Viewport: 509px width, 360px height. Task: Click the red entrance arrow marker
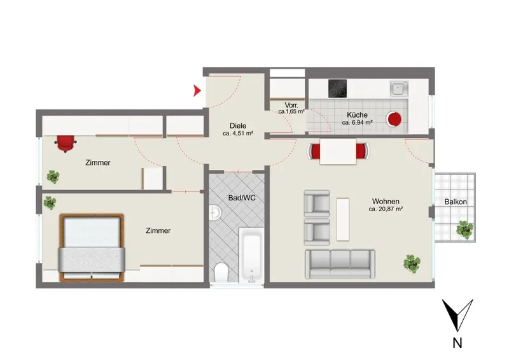197,90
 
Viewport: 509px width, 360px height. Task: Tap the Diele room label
238,126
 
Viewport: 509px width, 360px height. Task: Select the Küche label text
357,115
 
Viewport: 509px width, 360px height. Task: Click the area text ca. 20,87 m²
386,209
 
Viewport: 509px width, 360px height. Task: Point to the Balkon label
456,202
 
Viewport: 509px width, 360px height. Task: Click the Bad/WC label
242,198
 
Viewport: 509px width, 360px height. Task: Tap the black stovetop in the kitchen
337,88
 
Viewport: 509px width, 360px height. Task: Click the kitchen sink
399,88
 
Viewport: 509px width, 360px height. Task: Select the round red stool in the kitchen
394,120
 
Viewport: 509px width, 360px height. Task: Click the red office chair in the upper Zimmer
66,143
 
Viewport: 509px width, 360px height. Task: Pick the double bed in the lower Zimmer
92,247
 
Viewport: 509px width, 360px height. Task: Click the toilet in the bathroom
221,273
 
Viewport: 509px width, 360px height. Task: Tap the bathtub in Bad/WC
251,255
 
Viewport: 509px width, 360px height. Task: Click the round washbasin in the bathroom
215,212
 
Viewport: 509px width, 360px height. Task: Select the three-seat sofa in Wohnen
340,264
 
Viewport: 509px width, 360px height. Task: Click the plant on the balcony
465,230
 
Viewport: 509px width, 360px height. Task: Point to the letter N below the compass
457,343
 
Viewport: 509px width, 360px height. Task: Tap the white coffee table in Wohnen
343,219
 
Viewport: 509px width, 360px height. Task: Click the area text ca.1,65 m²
291,112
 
